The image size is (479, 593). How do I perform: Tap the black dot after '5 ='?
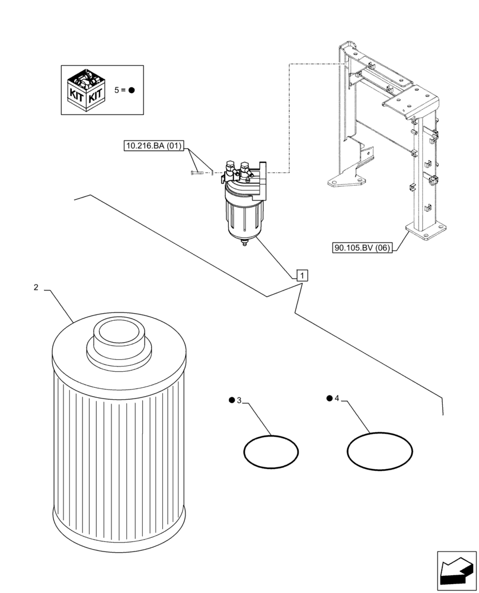[131, 90]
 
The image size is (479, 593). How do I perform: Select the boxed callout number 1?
[302, 275]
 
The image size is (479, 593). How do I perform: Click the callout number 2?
[36, 288]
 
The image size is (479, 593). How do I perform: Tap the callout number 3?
[239, 401]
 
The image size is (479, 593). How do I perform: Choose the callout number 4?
[336, 398]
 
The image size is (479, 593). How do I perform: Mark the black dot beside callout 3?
[231, 401]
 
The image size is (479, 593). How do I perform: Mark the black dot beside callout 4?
[328, 398]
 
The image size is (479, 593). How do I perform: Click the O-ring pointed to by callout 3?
[271, 452]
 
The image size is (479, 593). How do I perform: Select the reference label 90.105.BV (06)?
[362, 248]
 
